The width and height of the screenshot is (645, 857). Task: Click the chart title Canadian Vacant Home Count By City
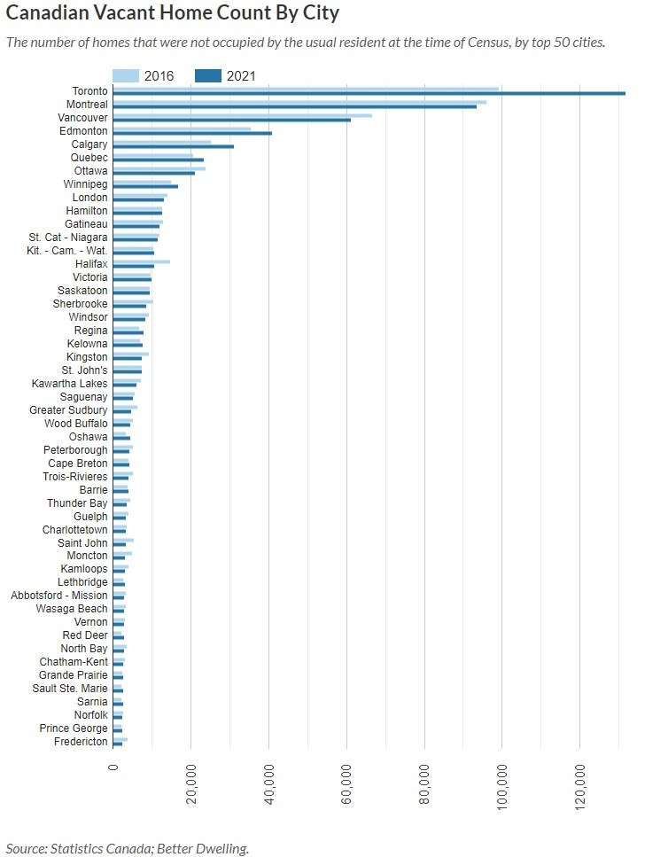tap(173, 13)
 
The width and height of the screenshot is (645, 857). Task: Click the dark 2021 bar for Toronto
tap(369, 93)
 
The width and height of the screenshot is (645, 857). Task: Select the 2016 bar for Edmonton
tap(182, 129)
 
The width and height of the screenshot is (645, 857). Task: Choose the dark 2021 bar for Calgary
tap(174, 146)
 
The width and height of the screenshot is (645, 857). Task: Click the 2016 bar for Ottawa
tap(159, 168)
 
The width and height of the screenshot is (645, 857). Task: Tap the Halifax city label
tap(90, 264)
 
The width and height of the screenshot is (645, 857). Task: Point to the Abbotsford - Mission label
tap(58, 596)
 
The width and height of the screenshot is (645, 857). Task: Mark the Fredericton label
tap(81, 742)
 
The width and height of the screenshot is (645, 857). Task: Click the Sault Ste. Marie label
tap(70, 689)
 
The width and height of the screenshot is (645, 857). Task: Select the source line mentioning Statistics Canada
tap(128, 849)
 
